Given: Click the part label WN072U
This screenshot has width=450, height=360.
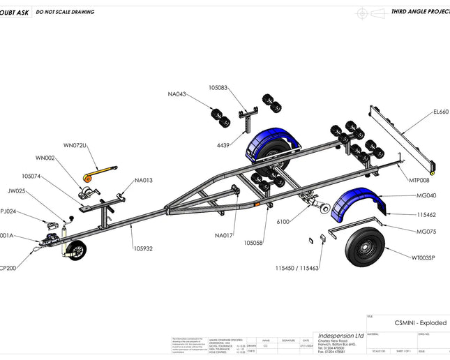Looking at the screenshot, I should [x=75, y=145].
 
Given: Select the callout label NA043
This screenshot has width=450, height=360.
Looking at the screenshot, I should [x=177, y=94].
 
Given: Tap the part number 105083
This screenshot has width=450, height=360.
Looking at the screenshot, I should [x=218, y=88].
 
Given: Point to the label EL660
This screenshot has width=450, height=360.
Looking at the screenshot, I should [x=441, y=112].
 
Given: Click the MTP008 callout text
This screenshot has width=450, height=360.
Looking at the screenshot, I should [x=419, y=180].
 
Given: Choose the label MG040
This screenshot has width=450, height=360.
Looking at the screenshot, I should [x=426, y=195].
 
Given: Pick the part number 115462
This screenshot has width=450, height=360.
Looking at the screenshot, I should [x=426, y=215].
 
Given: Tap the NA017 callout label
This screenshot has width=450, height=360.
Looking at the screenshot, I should [x=224, y=234].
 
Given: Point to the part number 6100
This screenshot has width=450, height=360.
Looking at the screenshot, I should [x=283, y=221].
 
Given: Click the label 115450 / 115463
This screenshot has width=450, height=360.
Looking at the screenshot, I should [x=297, y=268].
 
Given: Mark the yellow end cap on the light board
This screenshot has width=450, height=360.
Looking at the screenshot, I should [x=434, y=172].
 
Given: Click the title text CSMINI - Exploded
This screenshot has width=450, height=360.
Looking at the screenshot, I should [x=420, y=323].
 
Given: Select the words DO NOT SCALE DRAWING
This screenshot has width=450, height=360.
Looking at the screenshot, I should [x=65, y=12].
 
